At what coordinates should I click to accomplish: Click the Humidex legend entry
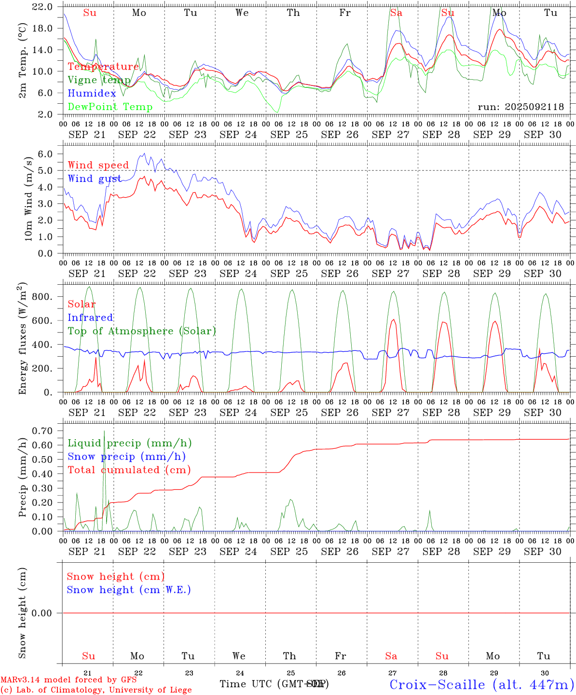tap(92, 94)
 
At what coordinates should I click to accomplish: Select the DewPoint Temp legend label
tap(110, 107)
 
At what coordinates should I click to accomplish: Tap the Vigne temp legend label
tap(99, 80)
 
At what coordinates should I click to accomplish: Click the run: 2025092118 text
tap(521, 107)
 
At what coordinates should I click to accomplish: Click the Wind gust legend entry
tap(94, 179)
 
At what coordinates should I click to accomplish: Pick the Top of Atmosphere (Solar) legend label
tap(142, 331)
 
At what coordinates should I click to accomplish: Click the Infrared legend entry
tap(90, 318)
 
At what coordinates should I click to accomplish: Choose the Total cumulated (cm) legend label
tap(129, 470)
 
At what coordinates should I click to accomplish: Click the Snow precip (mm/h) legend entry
tap(126, 457)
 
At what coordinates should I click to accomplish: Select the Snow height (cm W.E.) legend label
tap(129, 590)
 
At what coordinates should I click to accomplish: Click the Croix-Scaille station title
tap(481, 684)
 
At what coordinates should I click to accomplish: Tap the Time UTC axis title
tap(274, 684)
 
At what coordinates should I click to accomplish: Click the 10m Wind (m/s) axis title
tap(28, 198)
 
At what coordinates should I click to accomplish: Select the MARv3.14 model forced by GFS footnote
tap(69, 680)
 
